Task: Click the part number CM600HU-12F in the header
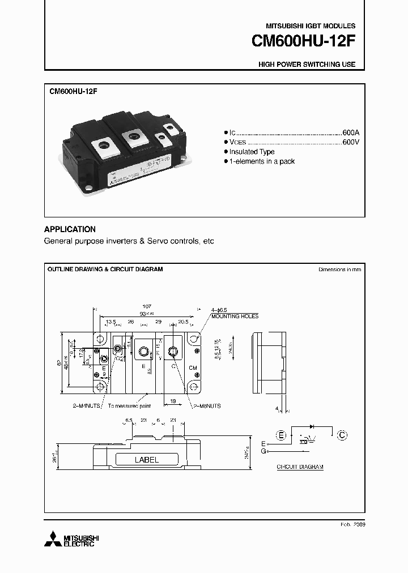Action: [x=304, y=42]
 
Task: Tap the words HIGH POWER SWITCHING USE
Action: [x=307, y=65]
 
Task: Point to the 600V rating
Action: [x=351, y=142]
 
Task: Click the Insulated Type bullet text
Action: [x=252, y=152]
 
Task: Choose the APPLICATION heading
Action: [x=70, y=229]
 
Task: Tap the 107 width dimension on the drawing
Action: [x=147, y=306]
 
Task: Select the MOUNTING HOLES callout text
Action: [x=235, y=316]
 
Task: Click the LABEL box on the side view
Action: [x=146, y=460]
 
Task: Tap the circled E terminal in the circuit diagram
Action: [x=281, y=435]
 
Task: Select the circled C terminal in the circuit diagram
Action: [x=342, y=435]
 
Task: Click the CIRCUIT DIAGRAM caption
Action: [x=300, y=467]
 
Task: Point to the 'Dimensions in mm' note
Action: [x=339, y=270]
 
